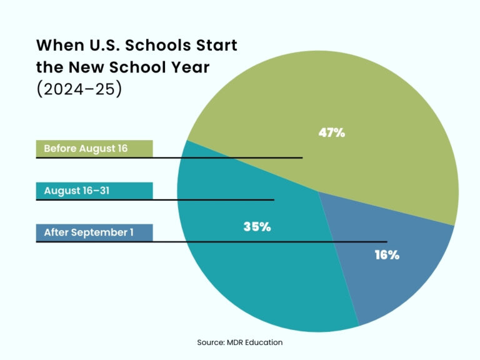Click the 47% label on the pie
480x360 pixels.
click(x=332, y=132)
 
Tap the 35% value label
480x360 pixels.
click(x=257, y=227)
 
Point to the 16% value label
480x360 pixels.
click(x=386, y=255)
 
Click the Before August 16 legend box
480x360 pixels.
click(x=94, y=149)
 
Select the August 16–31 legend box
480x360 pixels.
click(x=94, y=191)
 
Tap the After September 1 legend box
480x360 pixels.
click(x=94, y=232)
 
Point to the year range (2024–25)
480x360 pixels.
click(x=79, y=88)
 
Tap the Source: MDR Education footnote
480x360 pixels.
click(x=240, y=342)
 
